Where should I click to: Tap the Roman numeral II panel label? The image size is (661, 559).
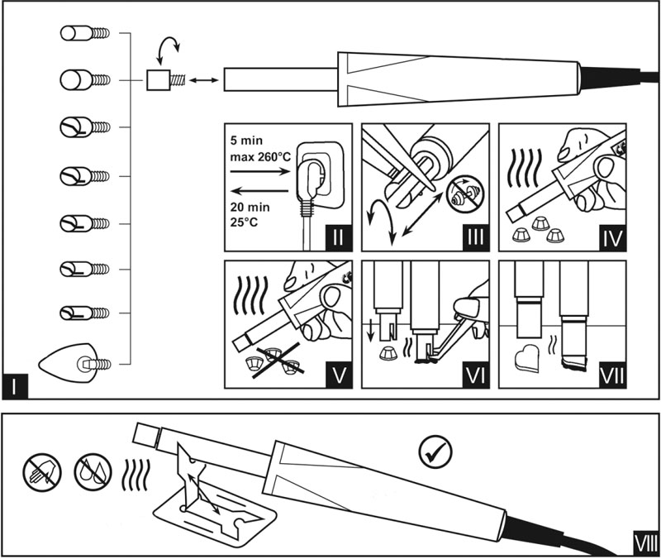click(337, 240)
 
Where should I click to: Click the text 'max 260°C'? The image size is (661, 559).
click(264, 155)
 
